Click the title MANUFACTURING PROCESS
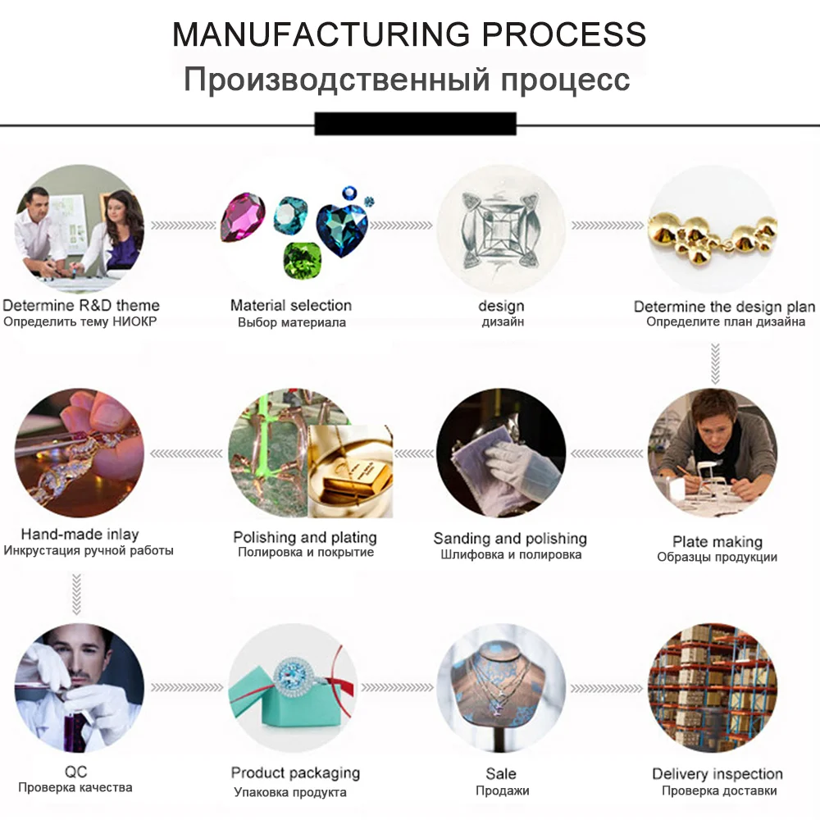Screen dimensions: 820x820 409,34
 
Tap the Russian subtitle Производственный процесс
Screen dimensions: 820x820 407,80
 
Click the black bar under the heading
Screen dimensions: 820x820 415,123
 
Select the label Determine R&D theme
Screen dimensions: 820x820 80,306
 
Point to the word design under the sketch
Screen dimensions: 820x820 501,306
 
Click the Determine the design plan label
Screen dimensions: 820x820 724,307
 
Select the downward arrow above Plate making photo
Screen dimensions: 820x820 715,363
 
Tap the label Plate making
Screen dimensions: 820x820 717,541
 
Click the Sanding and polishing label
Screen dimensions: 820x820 510,538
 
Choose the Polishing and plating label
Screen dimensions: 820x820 305,537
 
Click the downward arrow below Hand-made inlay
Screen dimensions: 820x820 76,594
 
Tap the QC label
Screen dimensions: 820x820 75,772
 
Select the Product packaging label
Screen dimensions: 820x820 295,772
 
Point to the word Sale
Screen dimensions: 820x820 501,773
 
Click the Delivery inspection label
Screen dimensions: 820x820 717,773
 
